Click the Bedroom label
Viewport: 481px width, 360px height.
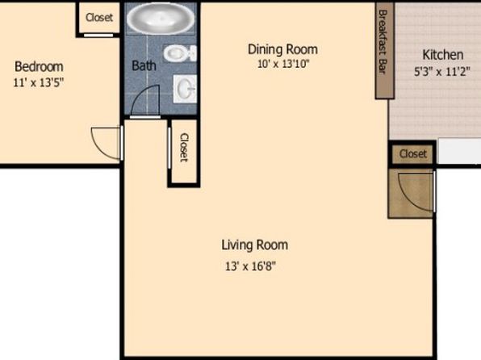(x=39, y=67)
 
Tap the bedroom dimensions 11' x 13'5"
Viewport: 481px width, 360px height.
(x=39, y=82)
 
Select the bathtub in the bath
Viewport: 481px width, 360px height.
(x=161, y=18)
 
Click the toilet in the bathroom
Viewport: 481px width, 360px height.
(x=180, y=53)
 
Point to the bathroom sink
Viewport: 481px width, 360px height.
(x=185, y=89)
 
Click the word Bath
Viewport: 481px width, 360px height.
(x=144, y=65)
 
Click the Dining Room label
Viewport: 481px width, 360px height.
(x=282, y=49)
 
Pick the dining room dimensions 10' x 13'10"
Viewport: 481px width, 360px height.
(x=283, y=64)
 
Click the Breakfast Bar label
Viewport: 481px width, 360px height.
(x=383, y=42)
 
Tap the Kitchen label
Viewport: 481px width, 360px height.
(x=442, y=55)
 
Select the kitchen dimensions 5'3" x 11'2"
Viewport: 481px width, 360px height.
(x=442, y=72)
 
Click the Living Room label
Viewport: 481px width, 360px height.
(x=254, y=245)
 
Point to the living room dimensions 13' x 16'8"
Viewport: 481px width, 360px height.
(x=251, y=266)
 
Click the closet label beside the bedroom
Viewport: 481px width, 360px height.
(x=99, y=17)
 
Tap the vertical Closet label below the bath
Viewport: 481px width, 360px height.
(x=184, y=148)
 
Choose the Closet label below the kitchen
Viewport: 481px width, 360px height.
(x=413, y=153)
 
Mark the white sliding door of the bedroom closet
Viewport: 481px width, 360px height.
(x=98, y=36)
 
